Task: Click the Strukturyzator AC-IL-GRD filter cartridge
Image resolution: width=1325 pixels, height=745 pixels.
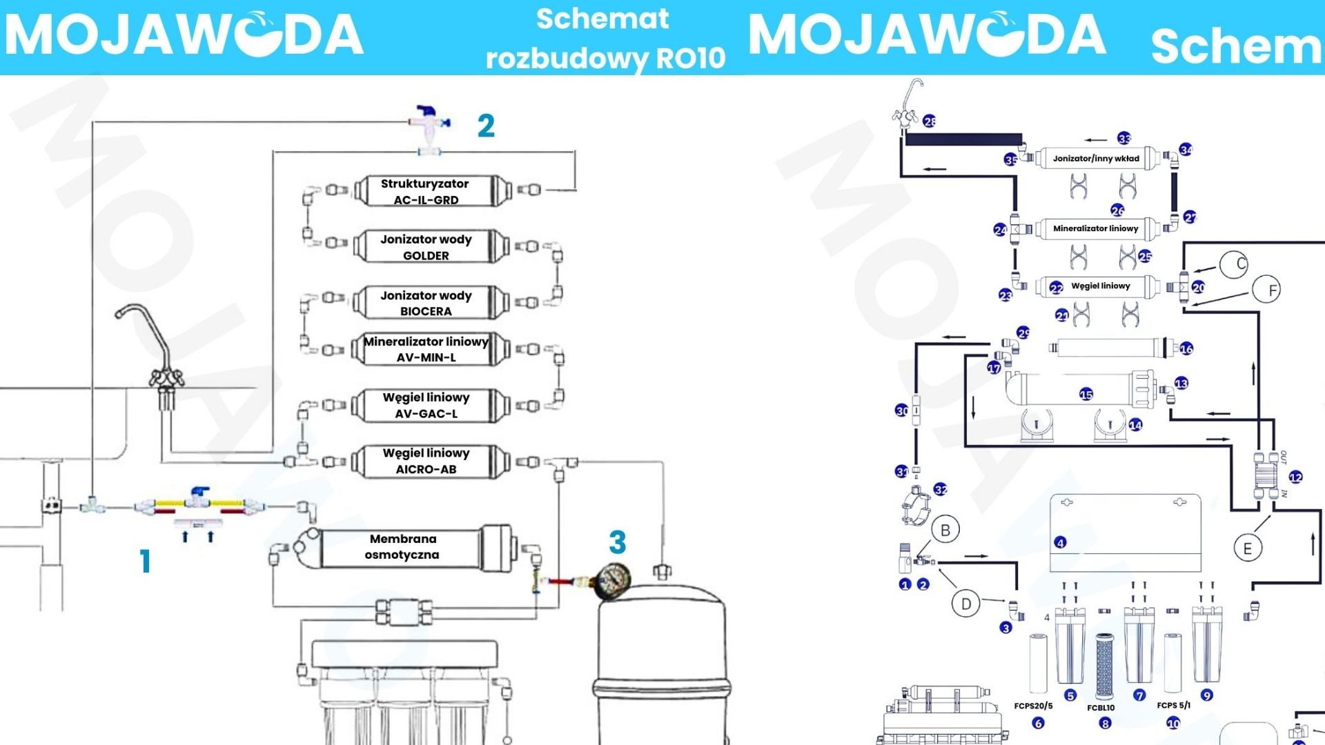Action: point(426,191)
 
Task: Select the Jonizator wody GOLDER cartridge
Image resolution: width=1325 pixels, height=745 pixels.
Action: point(426,247)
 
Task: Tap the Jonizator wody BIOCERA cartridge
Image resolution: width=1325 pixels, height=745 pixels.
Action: point(426,303)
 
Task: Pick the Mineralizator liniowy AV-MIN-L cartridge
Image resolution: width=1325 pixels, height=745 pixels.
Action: point(426,349)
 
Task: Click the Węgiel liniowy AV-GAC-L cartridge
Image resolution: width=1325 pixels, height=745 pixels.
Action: point(426,406)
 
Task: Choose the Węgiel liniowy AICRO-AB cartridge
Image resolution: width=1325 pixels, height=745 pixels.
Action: point(426,461)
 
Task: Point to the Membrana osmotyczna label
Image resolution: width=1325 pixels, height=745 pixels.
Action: point(402,546)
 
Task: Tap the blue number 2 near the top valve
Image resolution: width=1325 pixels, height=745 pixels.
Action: point(486,126)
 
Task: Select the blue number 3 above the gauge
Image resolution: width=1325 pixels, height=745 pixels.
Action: point(617,543)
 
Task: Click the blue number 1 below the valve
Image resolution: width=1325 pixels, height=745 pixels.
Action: point(145,562)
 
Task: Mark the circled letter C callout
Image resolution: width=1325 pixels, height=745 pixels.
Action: point(1234,264)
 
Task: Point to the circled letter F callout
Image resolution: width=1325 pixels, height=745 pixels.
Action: point(1266,290)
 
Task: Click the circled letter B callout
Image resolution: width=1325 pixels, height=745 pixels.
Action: point(945,530)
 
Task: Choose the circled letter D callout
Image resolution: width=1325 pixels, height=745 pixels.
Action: point(965,604)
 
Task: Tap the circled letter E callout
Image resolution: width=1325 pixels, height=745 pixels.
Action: point(1248,549)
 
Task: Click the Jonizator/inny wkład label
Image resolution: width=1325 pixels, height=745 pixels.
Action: point(1096,159)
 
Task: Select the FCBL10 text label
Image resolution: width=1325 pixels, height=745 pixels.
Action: point(1101,708)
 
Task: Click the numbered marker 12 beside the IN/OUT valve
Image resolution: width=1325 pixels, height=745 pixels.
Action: point(1295,477)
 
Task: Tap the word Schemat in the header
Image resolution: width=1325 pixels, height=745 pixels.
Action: point(602,19)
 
